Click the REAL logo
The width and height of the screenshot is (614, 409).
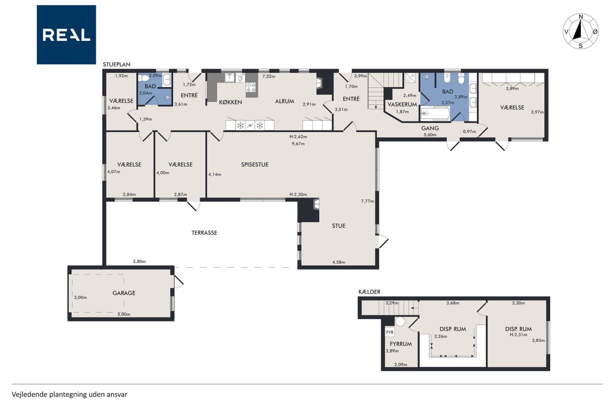[x=66, y=35]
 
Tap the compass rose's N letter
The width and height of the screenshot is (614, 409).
[x=580, y=17]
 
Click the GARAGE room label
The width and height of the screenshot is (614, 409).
[x=124, y=293]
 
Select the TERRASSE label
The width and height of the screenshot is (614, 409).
[x=204, y=233]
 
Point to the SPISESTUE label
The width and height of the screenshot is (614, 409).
[x=255, y=164]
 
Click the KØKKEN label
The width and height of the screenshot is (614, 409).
[x=231, y=102]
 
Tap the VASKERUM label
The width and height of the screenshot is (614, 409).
[x=402, y=105]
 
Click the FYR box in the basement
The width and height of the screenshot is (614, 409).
[x=390, y=332]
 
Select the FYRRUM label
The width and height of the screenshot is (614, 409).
[x=401, y=344]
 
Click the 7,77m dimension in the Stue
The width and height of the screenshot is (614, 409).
[x=367, y=201]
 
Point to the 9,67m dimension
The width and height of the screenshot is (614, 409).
[x=298, y=143]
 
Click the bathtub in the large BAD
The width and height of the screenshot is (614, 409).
[x=435, y=114]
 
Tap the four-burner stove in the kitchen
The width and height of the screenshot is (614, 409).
[x=251, y=87]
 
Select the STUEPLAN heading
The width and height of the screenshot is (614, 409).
[x=117, y=64]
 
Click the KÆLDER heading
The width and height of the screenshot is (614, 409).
[x=369, y=292]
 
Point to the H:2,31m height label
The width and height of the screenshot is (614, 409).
[x=519, y=335]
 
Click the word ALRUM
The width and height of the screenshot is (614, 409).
[x=284, y=101]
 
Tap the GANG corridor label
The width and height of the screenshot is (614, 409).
[x=430, y=128]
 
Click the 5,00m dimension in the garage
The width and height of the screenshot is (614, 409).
[x=124, y=314]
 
